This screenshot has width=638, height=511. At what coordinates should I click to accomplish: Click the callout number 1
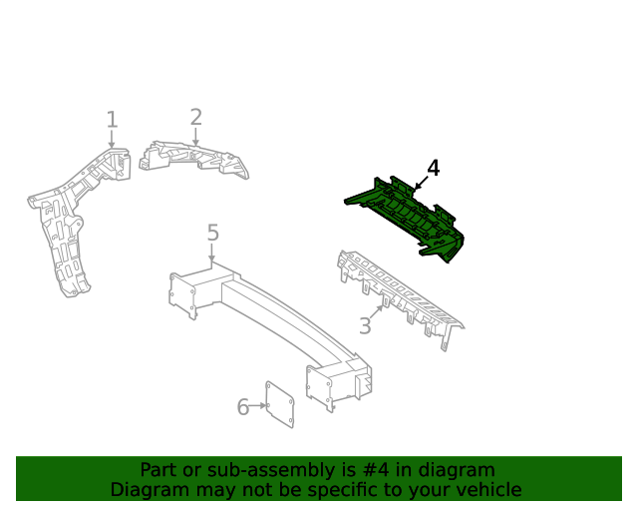coord(112,120)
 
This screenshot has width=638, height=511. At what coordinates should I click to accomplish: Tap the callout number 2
coord(196,117)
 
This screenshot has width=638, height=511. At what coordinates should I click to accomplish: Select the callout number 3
coord(365,325)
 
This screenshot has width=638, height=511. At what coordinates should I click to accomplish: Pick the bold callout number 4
coord(434,169)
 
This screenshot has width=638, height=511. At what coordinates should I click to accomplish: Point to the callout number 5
coord(212,233)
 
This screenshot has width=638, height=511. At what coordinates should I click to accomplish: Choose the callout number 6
coord(243,407)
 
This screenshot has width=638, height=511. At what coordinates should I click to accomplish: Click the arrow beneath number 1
coord(112,139)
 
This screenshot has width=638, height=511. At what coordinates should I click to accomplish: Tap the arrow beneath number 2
coord(195,137)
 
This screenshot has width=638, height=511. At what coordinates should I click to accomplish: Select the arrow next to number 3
coord(377,312)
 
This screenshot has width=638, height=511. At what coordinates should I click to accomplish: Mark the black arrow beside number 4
coord(421,183)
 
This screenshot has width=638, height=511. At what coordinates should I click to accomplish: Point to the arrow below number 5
coord(211,253)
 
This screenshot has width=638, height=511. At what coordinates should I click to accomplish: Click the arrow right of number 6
coord(258,405)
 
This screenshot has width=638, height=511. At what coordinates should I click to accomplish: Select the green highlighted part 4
coord(407,220)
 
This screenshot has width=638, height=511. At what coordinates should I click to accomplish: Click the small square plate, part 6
coord(280,404)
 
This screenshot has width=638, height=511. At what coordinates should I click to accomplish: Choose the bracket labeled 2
coord(194,160)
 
